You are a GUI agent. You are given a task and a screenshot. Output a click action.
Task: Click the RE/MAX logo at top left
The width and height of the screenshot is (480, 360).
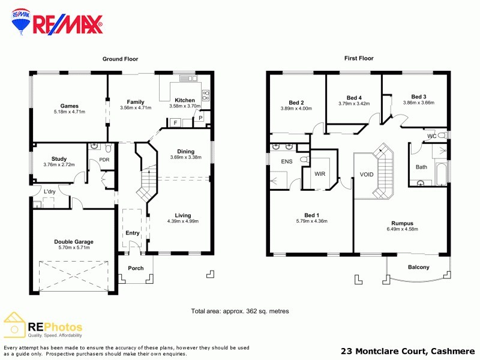(x=58, y=23)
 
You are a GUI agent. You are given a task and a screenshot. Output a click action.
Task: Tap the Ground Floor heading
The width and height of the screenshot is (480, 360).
(x=121, y=59)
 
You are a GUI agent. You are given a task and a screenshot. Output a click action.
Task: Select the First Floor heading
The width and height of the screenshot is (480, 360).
(x=359, y=59)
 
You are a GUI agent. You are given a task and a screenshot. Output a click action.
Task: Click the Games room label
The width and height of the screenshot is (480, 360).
(x=70, y=106)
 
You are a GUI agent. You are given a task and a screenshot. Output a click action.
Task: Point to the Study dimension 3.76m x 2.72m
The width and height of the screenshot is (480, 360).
(x=59, y=164)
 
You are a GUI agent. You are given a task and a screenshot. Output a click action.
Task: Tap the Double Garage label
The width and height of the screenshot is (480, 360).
(x=73, y=242)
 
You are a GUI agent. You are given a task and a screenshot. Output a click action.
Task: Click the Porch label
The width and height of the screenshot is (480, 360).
(x=136, y=268)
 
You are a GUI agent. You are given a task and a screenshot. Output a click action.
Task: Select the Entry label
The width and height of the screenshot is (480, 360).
(x=132, y=233)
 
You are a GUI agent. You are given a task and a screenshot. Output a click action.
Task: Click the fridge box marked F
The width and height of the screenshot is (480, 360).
(x=175, y=123)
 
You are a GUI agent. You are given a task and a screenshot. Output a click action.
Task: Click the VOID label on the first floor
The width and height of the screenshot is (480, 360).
(x=367, y=175)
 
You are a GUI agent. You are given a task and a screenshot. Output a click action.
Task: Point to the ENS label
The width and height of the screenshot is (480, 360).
(x=286, y=162)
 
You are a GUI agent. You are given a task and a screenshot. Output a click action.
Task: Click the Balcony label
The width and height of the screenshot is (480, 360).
(x=418, y=267)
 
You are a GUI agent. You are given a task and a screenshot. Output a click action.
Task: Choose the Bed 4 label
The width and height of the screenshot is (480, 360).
(x=354, y=98)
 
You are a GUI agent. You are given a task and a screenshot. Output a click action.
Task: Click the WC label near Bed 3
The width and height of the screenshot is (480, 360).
(x=431, y=136)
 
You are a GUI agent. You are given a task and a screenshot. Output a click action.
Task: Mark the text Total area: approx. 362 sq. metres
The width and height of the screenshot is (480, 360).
(x=240, y=311)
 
